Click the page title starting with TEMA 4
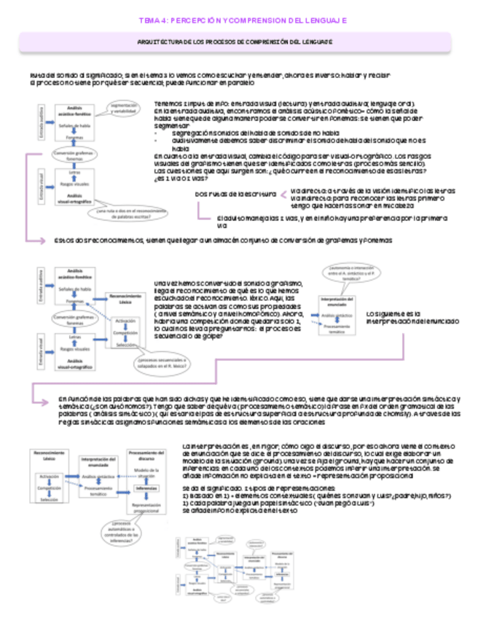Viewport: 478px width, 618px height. [238, 22]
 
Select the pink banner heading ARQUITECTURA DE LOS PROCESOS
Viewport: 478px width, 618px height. [238, 43]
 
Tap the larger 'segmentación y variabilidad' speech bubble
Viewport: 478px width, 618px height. [123, 109]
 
